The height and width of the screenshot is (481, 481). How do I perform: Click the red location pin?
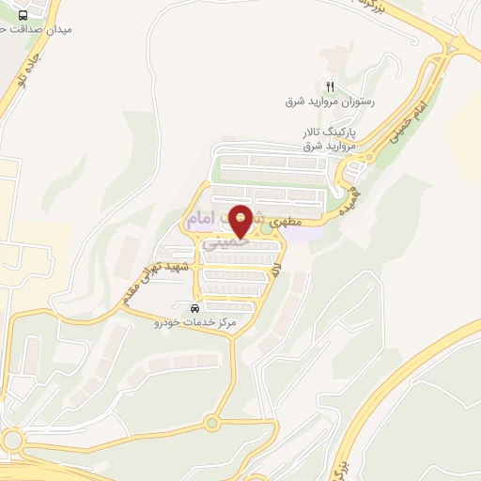coord(241,220)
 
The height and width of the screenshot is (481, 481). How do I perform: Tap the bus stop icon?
coord(23,14)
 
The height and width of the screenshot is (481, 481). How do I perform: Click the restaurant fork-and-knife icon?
coord(329,87)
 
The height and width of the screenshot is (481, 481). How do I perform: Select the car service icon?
coord(194,309)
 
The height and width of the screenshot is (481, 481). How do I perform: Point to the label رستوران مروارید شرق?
coord(330,101)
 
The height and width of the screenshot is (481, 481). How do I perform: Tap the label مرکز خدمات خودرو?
coord(195,322)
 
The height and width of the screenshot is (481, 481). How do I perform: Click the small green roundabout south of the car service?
coord(211,422)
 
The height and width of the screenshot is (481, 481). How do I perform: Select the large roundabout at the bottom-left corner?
coord(11,441)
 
